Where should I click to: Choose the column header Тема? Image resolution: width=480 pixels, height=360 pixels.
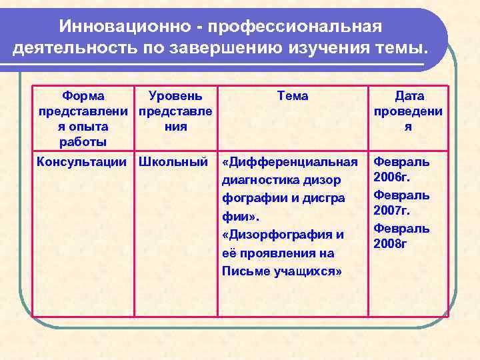[292, 96]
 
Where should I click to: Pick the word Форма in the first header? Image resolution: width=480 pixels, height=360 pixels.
[83, 96]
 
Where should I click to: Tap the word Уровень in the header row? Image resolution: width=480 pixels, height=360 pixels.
[175, 96]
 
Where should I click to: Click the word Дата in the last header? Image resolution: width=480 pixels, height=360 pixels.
[409, 96]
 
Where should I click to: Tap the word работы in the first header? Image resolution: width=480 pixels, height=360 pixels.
[83, 142]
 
